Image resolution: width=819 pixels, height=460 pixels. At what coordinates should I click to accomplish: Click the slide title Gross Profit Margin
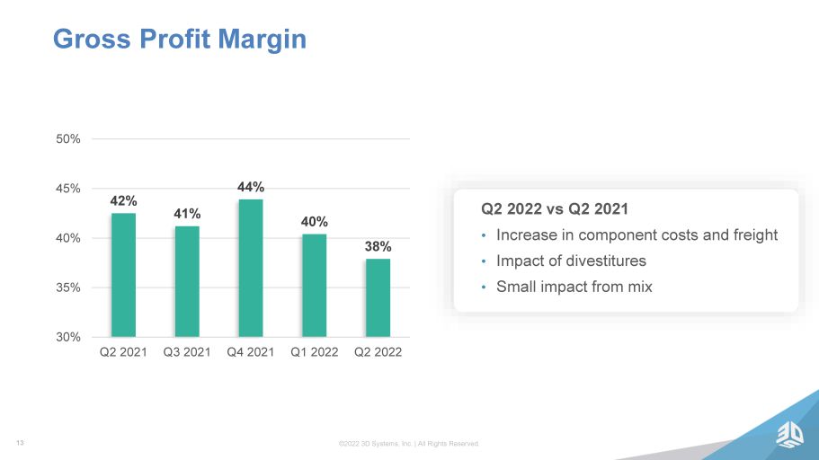180,40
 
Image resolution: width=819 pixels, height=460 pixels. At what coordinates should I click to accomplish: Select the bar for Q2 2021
123,275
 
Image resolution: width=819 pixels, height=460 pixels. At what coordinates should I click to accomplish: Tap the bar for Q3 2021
187,281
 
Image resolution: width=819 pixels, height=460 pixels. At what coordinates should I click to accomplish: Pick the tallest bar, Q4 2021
251,268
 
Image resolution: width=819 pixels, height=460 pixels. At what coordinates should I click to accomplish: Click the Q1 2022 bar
315,285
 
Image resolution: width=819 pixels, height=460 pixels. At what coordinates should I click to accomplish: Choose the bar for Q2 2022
378,297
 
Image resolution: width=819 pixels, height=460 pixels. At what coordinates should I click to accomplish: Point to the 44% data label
251,187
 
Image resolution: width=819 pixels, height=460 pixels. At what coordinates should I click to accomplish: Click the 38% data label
378,246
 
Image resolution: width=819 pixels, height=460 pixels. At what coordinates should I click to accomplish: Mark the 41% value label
187,214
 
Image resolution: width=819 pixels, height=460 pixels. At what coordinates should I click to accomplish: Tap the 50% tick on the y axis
68,139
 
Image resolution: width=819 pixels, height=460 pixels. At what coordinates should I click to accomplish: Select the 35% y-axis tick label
68,287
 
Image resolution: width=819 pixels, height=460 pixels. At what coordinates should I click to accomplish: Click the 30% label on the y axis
68,337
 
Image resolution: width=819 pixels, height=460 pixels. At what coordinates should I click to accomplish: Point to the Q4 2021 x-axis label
251,352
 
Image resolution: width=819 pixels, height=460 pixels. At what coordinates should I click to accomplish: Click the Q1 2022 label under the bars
315,352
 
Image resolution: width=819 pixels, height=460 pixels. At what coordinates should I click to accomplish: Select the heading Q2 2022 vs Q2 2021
555,208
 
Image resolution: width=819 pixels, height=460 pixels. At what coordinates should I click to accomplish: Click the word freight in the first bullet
755,235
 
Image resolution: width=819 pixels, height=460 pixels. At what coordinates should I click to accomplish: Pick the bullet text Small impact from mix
574,287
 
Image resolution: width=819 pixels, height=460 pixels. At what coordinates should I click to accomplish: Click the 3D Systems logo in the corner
789,435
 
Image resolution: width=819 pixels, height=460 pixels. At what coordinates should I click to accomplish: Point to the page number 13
20,443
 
